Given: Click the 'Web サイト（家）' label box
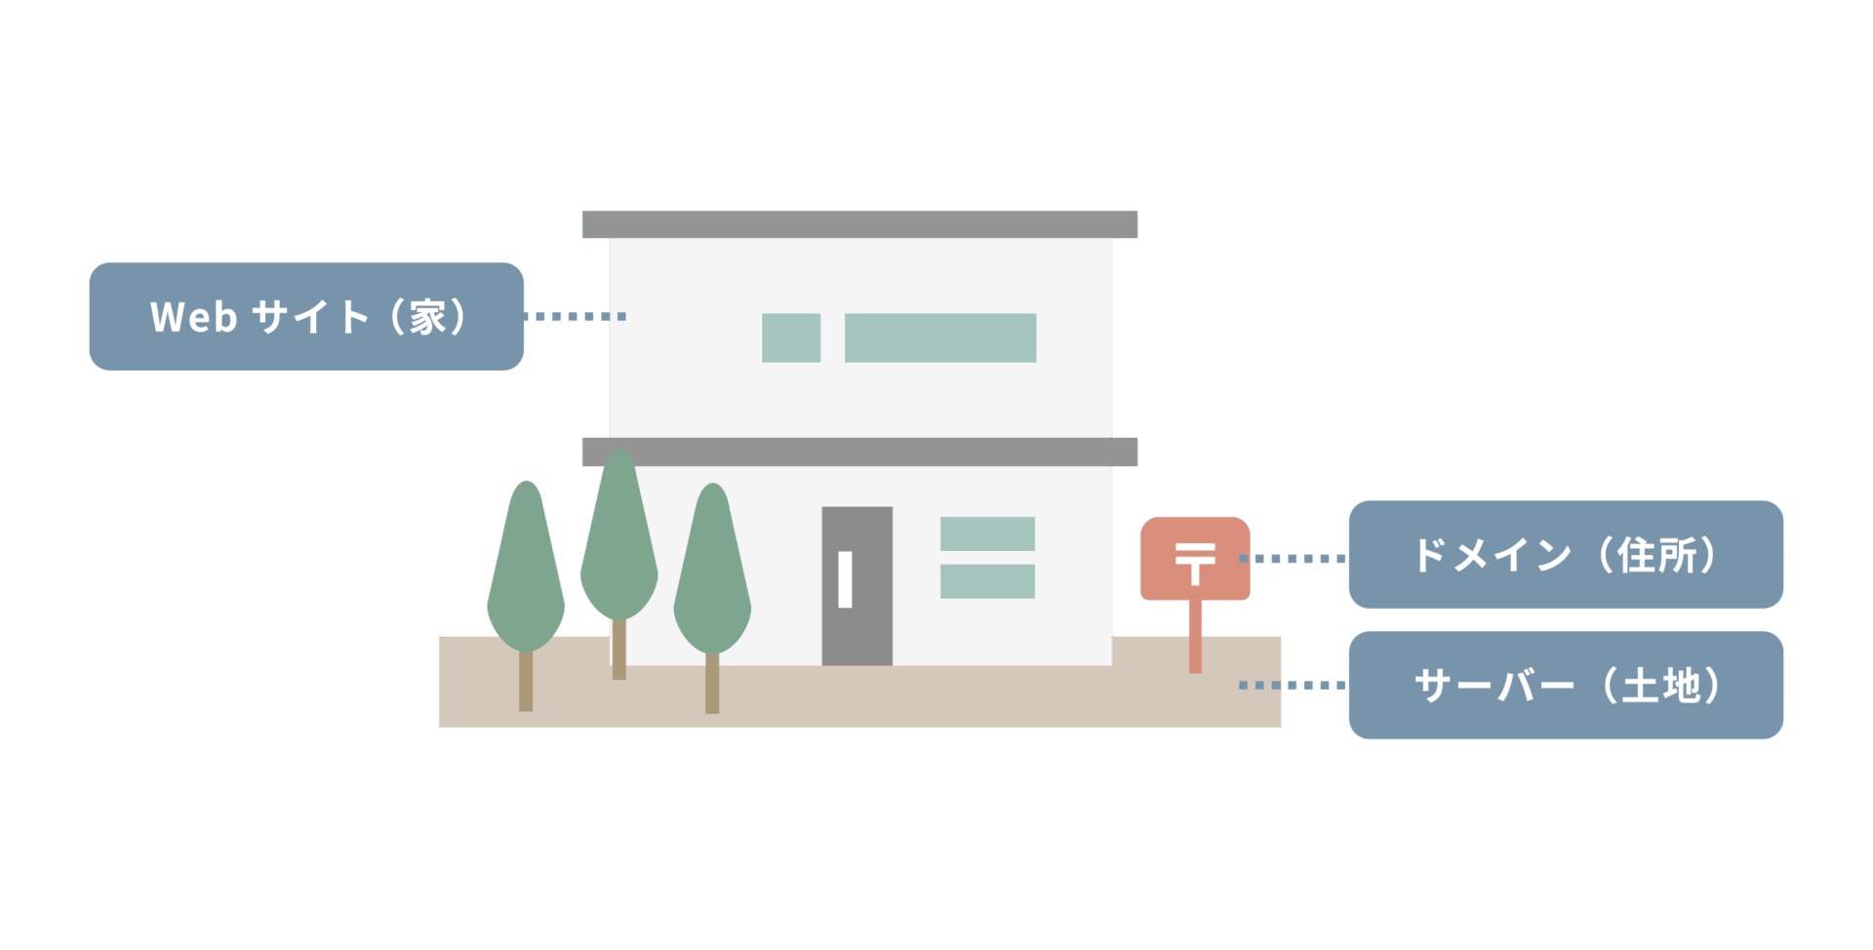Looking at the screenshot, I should tap(306, 316).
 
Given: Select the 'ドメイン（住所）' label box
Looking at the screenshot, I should tap(1565, 555).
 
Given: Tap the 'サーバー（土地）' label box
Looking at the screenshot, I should tap(1565, 685).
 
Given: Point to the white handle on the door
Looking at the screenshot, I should tap(845, 579).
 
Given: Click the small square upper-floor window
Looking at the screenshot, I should tap(790, 337).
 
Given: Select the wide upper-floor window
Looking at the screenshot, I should tap(939, 337).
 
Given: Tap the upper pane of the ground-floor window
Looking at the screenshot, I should tap(987, 534).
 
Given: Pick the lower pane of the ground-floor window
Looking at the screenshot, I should tap(987, 581).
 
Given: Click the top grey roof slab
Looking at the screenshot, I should tap(858, 223).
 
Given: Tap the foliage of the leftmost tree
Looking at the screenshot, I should tap(526, 575).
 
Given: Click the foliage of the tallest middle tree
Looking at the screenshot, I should tap(618, 546).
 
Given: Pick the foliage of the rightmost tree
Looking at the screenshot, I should tap(712, 580).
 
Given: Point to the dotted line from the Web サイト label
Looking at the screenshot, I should tap(576, 316).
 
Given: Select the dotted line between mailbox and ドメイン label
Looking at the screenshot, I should tap(1294, 559).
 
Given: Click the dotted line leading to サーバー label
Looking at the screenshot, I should tap(1294, 685).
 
